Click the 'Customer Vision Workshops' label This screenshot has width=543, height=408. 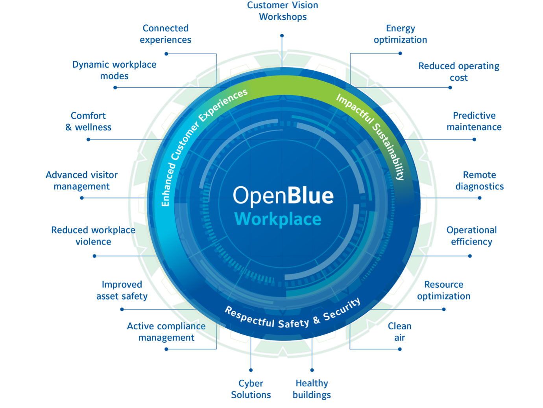point(283,11)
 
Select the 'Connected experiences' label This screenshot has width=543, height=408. point(166,34)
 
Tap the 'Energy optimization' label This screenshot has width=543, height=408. point(400,34)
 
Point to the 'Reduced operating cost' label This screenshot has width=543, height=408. point(459,72)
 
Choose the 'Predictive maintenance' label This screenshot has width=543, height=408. point(474,121)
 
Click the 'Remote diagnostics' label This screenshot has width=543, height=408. point(479,180)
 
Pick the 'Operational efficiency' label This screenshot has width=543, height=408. point(471,235)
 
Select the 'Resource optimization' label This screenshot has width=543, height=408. point(443,290)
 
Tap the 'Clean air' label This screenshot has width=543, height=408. point(399,332)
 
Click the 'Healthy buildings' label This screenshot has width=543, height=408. point(312,389)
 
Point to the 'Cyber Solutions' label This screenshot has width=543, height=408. point(251,389)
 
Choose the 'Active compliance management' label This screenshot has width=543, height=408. point(166,332)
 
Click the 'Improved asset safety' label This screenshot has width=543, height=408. point(122,290)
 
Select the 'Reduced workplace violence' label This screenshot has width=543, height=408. point(93,235)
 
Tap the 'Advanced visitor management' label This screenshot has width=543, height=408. point(81,180)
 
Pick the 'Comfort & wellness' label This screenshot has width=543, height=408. point(89,121)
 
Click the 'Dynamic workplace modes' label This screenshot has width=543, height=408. point(114,70)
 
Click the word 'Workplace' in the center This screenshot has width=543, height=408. point(278,219)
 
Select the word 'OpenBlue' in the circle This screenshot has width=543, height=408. point(283,196)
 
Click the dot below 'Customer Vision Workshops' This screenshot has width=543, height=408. point(282,36)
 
